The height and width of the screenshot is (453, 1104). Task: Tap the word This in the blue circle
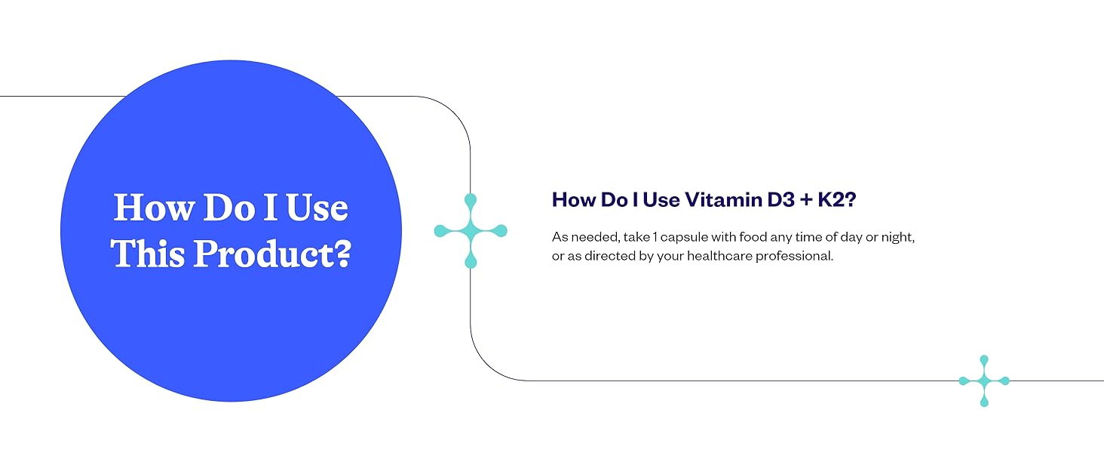click(x=149, y=253)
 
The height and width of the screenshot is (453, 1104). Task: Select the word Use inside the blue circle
click(x=316, y=208)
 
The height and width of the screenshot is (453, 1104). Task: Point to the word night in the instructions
click(x=897, y=237)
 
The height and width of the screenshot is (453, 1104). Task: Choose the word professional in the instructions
click(x=798, y=256)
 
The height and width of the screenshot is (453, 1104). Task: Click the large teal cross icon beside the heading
click(x=471, y=230)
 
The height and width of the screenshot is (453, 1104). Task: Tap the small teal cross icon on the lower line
click(x=983, y=381)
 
